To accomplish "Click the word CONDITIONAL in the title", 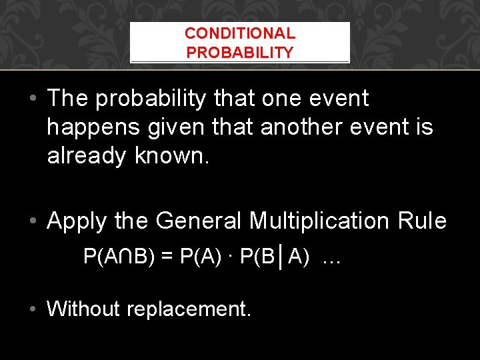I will (240, 33).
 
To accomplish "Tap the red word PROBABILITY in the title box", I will (240, 53).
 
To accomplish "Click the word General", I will (199, 221).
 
